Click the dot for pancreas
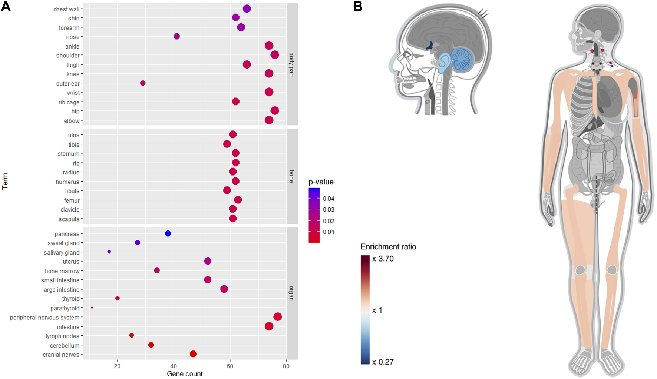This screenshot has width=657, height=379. pyautogui.click(x=168, y=233)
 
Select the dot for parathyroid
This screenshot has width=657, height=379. pyautogui.click(x=92, y=308)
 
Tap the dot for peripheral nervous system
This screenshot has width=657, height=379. pyautogui.click(x=278, y=317)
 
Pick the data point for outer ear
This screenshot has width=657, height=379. pyautogui.click(x=143, y=83)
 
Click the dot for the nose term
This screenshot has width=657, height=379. pyautogui.click(x=176, y=36)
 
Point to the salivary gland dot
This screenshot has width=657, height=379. pyautogui.click(x=109, y=252)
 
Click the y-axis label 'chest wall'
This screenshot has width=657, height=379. pyautogui.click(x=66, y=9)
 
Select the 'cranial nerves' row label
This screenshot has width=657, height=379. pyautogui.click(x=61, y=355)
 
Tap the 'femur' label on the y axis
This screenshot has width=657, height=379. pyautogui.click(x=72, y=200)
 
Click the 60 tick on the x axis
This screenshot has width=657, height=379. pyautogui.click(x=230, y=366)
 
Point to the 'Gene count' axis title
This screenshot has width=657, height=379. pyautogui.click(x=185, y=374)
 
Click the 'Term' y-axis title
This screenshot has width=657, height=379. pyautogui.click(x=5, y=182)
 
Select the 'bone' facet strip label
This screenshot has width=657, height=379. pyautogui.click(x=292, y=176)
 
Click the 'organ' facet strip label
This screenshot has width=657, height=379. pyautogui.click(x=292, y=293)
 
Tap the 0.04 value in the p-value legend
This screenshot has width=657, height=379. pyautogui.click(x=328, y=199)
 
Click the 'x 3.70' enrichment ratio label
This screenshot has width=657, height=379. pyautogui.click(x=383, y=259)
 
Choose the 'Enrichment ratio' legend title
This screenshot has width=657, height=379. pyautogui.click(x=388, y=247)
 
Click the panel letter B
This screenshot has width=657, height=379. pyautogui.click(x=358, y=6)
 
